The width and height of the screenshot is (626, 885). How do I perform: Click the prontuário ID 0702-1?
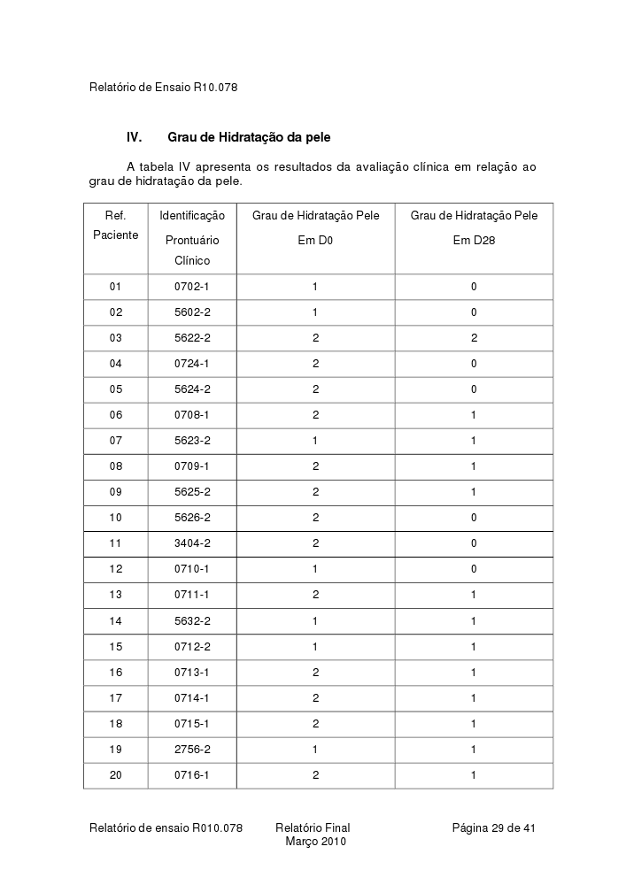191,287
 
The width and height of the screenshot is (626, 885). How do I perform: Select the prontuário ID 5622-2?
191,338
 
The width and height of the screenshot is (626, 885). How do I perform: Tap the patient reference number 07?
115,441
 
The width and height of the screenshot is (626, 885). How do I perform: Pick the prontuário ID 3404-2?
191,543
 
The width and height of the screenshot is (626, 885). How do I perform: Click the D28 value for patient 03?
474,338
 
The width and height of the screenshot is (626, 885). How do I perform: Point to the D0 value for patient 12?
315,569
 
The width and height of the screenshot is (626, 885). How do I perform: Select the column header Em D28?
474,240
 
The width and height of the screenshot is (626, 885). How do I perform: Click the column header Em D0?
315,240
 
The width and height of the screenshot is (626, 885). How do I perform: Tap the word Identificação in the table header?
192,216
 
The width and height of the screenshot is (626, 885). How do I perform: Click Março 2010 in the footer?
315,842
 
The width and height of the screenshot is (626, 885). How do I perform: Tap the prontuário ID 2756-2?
191,749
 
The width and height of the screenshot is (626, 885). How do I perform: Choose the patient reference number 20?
115,775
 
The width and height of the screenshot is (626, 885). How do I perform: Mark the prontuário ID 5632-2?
191,621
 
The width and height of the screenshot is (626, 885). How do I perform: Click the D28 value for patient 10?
474,518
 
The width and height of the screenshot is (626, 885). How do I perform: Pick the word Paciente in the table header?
115,235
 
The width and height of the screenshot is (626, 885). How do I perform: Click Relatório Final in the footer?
313,828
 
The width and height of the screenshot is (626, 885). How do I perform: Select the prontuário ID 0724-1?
191,364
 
